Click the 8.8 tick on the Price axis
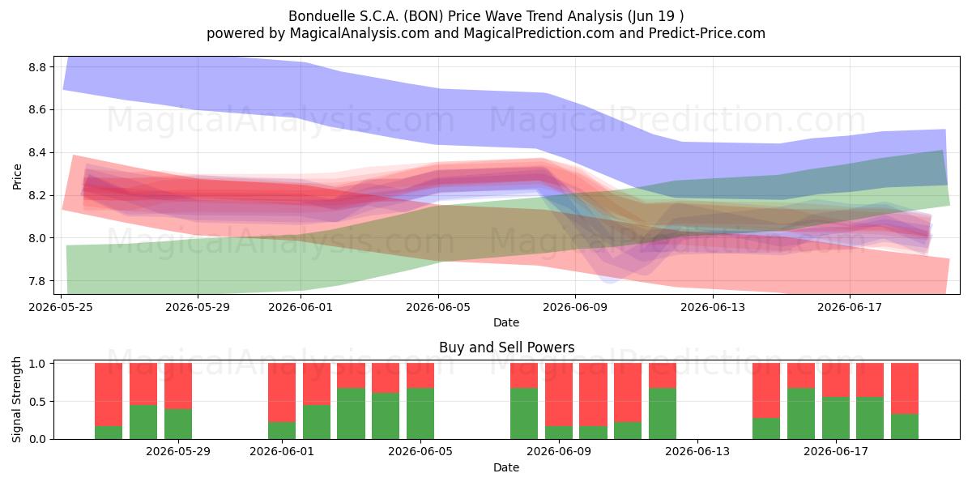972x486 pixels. coord(37,67)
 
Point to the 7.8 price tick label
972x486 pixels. coord(37,281)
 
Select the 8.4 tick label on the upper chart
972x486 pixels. coord(37,153)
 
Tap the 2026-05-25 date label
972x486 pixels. coord(61,307)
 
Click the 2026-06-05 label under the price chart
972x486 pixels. coord(438,307)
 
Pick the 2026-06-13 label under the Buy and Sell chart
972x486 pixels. coord(697,451)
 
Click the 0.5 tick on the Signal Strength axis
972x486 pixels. coord(37,402)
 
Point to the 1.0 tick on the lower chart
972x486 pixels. coord(37,364)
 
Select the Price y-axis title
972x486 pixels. coord(17,177)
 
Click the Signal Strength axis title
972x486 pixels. coord(16,399)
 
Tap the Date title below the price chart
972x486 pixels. coord(506,322)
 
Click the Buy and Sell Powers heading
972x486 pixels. coord(506,347)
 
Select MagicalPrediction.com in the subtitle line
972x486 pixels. coord(539,33)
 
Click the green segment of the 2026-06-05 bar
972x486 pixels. coord(420,414)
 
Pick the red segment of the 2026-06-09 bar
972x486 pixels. coord(559,394)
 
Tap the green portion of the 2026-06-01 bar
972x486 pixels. coord(282,430)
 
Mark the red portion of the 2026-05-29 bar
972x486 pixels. coord(178,386)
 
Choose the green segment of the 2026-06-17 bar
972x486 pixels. coord(836,418)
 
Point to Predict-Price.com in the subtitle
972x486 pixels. coord(707,33)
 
